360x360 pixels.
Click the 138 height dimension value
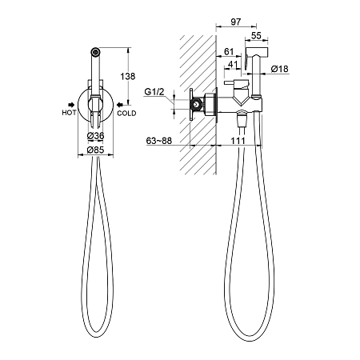coord(128,76)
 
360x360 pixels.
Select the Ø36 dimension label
coord(95,136)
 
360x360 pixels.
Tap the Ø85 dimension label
coord(95,150)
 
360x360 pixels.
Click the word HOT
coord(69,113)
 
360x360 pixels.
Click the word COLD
coord(126,114)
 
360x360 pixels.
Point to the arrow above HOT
coord(71,105)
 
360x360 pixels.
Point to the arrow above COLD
coord(120,105)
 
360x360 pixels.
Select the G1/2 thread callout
coord(154,92)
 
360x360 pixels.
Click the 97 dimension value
coord(236,22)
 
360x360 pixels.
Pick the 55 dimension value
coord(256,35)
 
